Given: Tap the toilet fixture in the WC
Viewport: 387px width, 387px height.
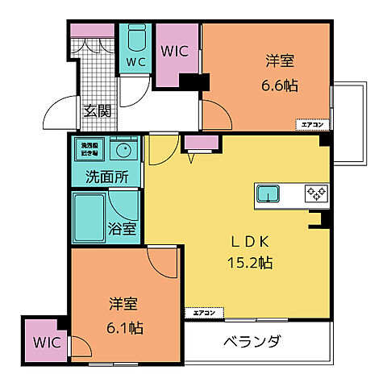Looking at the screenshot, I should coord(135,38).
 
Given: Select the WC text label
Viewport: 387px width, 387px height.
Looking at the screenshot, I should coord(135,62).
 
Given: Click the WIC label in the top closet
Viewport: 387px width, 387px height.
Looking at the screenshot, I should coord(175,50).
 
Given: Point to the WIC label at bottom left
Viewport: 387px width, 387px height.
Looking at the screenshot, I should coord(46,341).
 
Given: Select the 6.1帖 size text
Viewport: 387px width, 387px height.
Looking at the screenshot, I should coord(125,327).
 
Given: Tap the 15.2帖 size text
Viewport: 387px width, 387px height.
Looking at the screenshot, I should coord(249,262).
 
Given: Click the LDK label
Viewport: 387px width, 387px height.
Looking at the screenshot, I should coord(248,241).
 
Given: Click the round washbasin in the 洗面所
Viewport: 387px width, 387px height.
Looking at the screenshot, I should coord(123,150).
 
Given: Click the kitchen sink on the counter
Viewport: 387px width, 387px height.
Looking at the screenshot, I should coord(268,193).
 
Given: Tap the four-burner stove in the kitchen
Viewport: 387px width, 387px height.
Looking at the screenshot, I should coord(314,193).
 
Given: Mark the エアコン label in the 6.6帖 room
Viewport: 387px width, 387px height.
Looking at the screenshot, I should coord(310,124).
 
